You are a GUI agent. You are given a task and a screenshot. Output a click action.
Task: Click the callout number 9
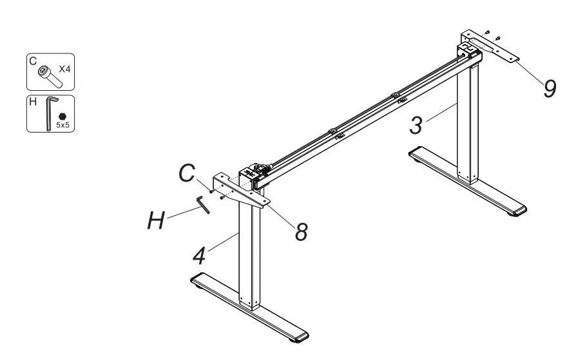548,88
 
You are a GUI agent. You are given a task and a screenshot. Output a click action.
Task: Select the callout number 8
301,231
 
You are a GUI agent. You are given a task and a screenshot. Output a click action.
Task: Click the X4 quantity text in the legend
64,68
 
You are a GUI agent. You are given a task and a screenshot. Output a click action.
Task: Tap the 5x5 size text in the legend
63,124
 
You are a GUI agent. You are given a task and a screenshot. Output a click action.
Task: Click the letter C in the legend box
32,61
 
